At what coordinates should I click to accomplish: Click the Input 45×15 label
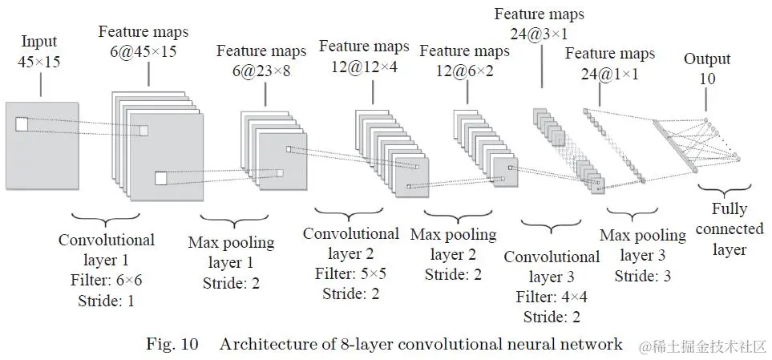click(x=39, y=49)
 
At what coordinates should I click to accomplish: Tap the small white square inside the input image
click(x=21, y=124)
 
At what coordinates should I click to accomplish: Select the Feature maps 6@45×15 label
click(x=143, y=40)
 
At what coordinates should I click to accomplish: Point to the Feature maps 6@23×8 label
click(x=261, y=60)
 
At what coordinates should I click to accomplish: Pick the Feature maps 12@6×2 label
click(x=464, y=60)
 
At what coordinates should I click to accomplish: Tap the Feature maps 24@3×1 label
click(x=539, y=24)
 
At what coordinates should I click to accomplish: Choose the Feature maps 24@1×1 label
click(x=609, y=63)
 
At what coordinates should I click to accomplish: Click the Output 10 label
click(x=707, y=68)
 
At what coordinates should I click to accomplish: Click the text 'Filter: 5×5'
click(x=350, y=273)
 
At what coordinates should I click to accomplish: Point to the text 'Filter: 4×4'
click(x=551, y=296)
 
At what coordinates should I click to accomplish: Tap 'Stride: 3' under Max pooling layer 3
click(x=642, y=275)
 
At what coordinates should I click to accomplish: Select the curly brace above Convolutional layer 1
click(x=106, y=220)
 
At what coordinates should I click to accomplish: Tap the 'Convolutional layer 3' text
click(x=552, y=267)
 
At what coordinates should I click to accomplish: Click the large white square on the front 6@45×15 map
click(x=161, y=178)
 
